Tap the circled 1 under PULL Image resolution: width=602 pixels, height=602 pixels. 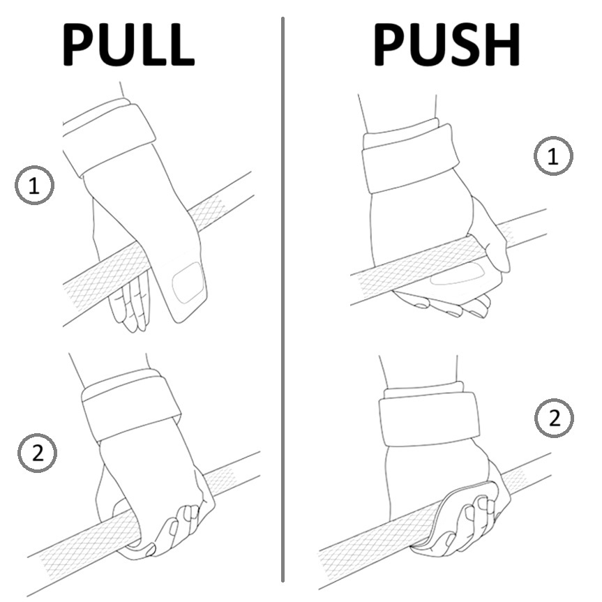point(34,185)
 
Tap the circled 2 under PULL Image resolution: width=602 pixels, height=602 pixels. point(36,454)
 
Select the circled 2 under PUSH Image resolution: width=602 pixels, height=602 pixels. point(554,419)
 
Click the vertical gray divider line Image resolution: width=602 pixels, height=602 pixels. point(283,300)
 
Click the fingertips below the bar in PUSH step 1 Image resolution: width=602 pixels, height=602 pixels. point(446,305)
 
